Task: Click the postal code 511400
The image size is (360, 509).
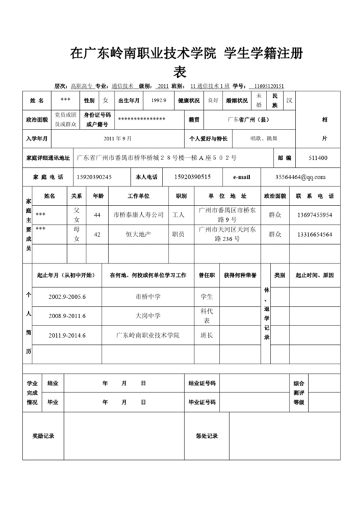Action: pos(318,158)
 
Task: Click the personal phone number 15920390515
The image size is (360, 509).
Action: pos(192,176)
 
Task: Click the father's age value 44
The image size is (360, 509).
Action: pos(97,215)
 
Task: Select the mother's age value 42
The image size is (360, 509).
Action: pos(97,234)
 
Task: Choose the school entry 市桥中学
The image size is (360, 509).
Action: pos(148,296)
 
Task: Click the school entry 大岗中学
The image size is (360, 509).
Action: pos(148,315)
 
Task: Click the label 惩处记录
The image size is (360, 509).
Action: pos(206,436)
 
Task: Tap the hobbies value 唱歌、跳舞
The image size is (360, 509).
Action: pos(264,138)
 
